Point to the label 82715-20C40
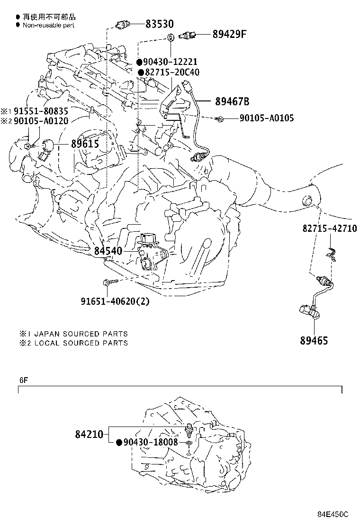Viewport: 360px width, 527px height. click(x=172, y=73)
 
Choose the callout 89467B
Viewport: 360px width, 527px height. click(x=232, y=101)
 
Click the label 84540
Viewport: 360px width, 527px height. click(x=108, y=251)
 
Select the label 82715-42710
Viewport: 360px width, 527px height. click(x=329, y=228)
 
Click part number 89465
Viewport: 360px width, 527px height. click(x=314, y=340)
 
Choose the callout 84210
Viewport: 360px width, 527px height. click(x=89, y=433)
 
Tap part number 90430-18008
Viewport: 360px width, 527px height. click(x=150, y=442)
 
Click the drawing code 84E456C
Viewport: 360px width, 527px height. click(x=333, y=514)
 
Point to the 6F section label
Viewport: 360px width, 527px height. click(x=24, y=380)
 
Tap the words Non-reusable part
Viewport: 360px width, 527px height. click(x=48, y=25)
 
